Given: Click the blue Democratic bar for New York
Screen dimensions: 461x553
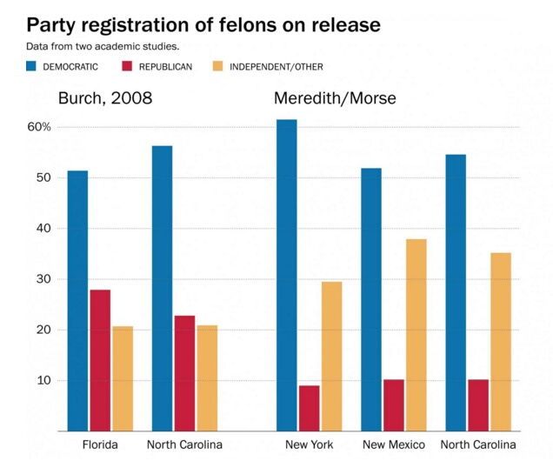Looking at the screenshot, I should [x=286, y=275].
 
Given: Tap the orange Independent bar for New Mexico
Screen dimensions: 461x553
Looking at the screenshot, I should [x=416, y=335].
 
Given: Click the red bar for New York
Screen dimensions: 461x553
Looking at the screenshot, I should [x=309, y=408].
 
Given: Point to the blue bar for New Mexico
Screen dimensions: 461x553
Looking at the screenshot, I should [x=371, y=299].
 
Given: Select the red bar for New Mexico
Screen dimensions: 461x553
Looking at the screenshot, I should [x=394, y=405].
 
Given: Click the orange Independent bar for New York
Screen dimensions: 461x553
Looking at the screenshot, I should [x=331, y=356].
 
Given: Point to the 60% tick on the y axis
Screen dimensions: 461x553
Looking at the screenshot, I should [x=40, y=127].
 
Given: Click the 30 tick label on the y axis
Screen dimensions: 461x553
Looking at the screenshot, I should [x=43, y=279].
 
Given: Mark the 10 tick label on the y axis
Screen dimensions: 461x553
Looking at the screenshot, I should [x=43, y=381].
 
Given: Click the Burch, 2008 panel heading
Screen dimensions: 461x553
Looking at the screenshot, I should [x=104, y=97].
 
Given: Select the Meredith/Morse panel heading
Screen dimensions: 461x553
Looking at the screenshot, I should [x=335, y=97].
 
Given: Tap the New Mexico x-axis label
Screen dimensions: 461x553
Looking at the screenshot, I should [x=394, y=445].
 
